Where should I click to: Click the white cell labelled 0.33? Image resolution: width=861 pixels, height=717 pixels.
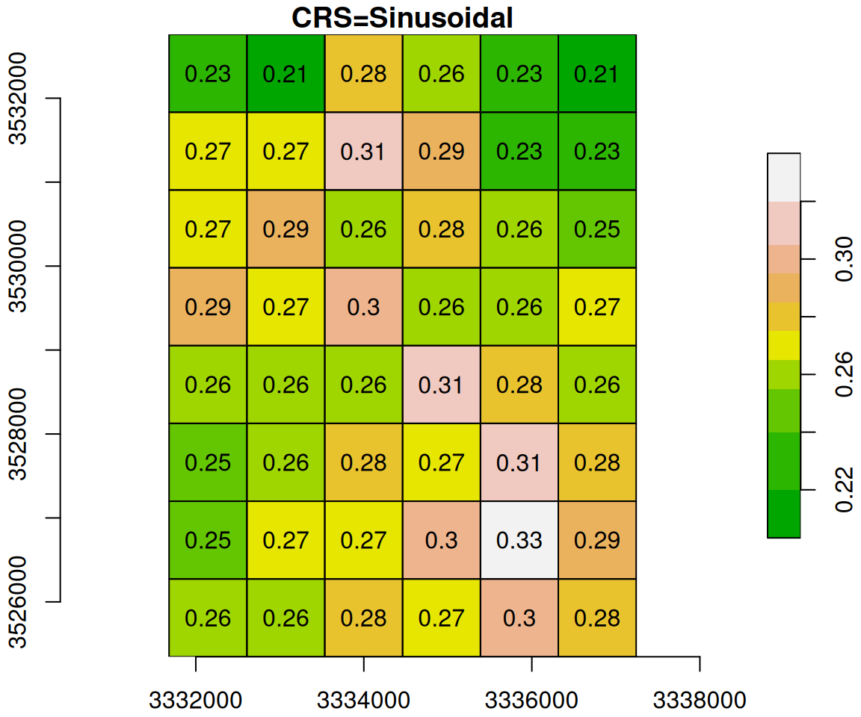[519, 540]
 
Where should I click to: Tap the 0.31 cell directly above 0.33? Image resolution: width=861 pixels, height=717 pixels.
[519, 462]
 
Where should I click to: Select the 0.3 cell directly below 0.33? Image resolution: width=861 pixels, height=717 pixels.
[519, 618]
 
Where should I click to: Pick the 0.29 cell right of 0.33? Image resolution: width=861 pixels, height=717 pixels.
[596, 540]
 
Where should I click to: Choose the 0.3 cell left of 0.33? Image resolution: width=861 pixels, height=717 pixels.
[441, 540]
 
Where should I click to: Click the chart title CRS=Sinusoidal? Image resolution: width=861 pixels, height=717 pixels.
[402, 18]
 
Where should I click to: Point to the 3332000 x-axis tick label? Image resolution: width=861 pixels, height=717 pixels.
[196, 701]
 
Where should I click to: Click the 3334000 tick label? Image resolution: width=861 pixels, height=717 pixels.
[364, 701]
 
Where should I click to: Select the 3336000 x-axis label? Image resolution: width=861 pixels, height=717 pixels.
[531, 701]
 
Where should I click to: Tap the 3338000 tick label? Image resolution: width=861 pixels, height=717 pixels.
[700, 701]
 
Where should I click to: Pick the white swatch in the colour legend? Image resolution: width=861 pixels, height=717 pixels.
[783, 177]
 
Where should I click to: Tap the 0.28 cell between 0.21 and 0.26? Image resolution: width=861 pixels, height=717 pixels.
[363, 74]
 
